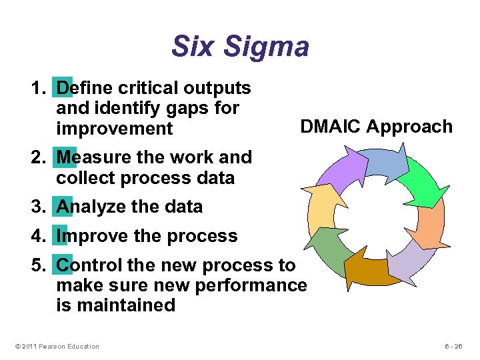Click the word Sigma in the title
click(x=267, y=47)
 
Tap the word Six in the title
click(x=194, y=47)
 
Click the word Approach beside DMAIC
click(x=413, y=127)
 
